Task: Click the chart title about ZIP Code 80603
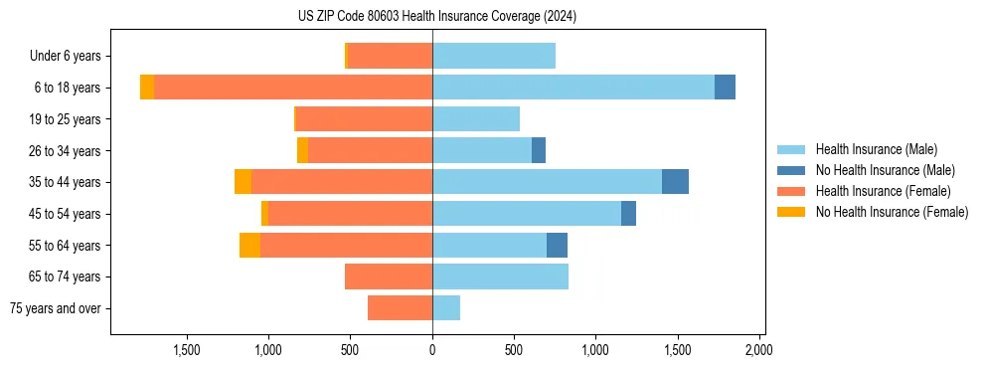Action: pyautogui.click(x=436, y=16)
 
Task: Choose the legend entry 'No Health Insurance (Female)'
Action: pyautogui.click(x=892, y=212)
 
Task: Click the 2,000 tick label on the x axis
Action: pyautogui.click(x=758, y=350)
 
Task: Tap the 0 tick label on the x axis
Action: pyautogui.click(x=432, y=350)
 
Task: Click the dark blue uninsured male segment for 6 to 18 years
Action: pyautogui.click(x=725, y=88)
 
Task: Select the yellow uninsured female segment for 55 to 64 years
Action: pyautogui.click(x=249, y=245)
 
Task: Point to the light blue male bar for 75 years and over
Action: pyautogui.click(x=446, y=308)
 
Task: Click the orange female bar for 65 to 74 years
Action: pyautogui.click(x=389, y=276)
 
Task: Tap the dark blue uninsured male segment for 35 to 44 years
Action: pyautogui.click(x=675, y=182)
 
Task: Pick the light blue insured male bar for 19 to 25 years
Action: pyautogui.click(x=476, y=119)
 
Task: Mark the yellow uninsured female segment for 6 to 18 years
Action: pyautogui.click(x=147, y=88)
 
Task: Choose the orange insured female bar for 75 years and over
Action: pyautogui.click(x=400, y=308)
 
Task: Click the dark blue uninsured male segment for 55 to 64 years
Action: pyautogui.click(x=557, y=245)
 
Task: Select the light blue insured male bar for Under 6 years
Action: pyautogui.click(x=494, y=57)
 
